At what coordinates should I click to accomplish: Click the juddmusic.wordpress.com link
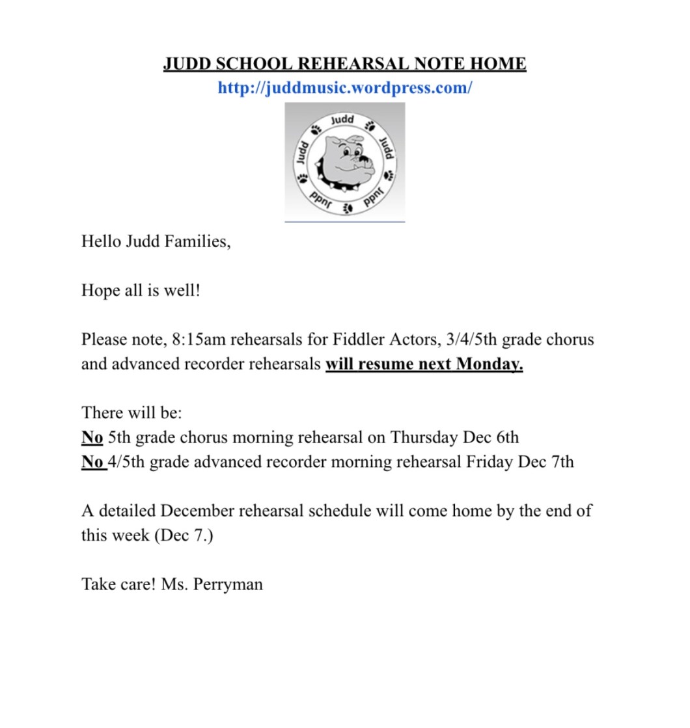click(344, 88)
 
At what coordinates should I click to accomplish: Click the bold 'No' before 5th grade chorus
click(92, 437)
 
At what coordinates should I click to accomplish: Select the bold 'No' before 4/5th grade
click(92, 462)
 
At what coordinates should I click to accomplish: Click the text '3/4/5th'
click(466, 339)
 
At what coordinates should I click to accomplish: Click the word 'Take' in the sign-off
click(99, 584)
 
